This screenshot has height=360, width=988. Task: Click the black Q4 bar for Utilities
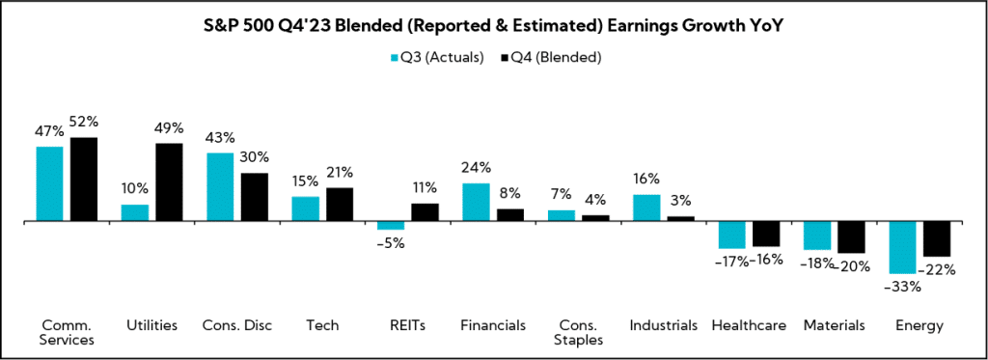coord(170,182)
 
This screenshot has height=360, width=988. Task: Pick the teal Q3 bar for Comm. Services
coord(49,183)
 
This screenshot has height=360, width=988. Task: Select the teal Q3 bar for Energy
coord(902,247)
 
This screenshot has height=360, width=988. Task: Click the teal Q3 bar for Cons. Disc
coord(220,187)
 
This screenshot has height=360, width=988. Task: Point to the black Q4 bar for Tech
coord(340,205)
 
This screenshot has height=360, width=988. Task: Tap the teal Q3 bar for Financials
coord(476,202)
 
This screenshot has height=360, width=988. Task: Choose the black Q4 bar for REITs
coord(425,212)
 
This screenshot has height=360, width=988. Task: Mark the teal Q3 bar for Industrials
coord(646,208)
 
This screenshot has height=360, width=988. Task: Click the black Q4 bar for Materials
coord(851,237)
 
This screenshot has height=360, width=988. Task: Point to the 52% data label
coord(84,123)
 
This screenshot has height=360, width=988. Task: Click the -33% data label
coord(903,287)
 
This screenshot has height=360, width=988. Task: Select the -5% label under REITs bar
coord(391,243)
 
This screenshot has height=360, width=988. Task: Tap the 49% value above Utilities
coord(170,128)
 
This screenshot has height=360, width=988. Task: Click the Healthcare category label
coord(749,325)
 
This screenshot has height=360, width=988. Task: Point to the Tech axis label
coord(322,325)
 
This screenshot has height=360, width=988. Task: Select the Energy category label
coord(919,325)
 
